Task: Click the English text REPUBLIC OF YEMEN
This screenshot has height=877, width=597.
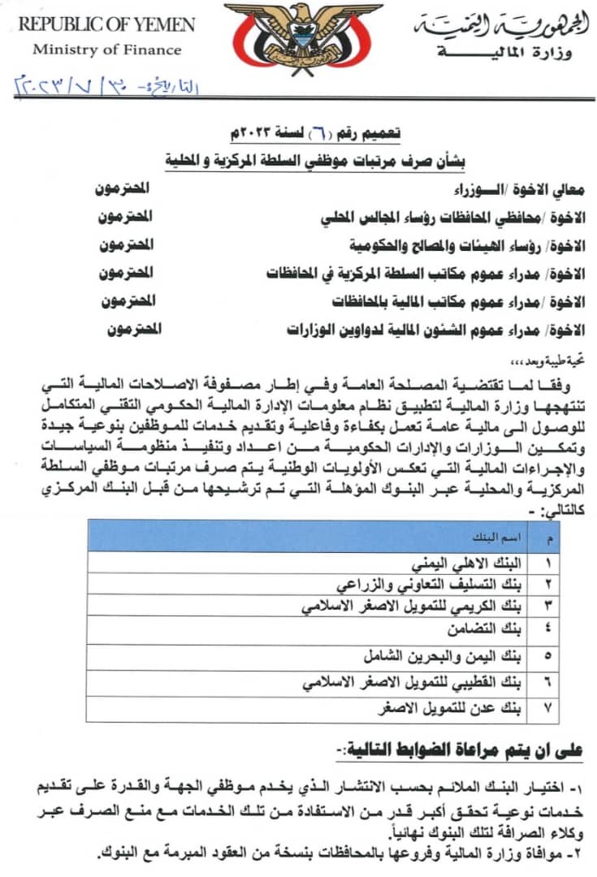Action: click(x=106, y=24)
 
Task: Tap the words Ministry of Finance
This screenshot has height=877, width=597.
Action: click(x=106, y=50)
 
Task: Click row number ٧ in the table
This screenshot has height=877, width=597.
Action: click(x=547, y=708)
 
